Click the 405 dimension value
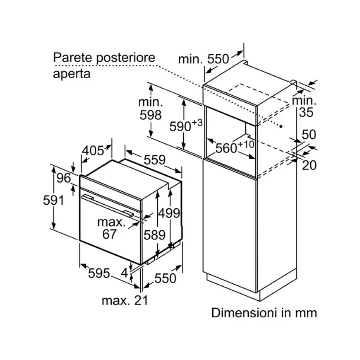click(93, 151)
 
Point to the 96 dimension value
click(64, 178)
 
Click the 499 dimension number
click(169, 213)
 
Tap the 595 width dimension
click(99, 274)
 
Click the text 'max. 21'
click(125, 300)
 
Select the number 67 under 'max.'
click(109, 234)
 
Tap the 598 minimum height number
click(151, 115)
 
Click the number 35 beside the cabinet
click(306, 112)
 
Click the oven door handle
click(108, 205)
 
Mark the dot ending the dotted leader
click(282, 126)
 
